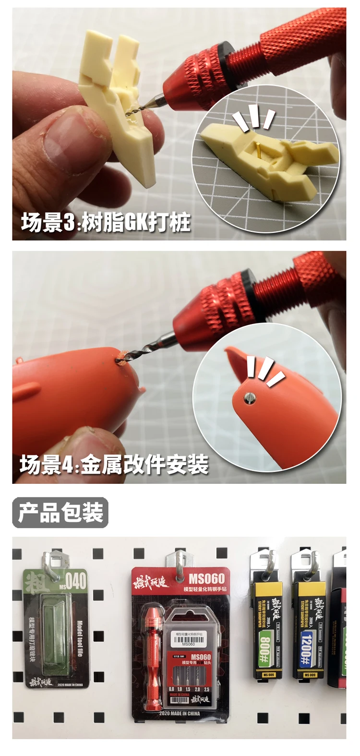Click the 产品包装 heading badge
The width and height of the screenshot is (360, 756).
pos(60,513)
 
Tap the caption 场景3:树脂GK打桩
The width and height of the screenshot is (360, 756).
pos(106,223)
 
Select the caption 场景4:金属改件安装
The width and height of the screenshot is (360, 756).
pos(114,465)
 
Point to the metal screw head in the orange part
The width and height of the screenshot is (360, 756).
pos(249,396)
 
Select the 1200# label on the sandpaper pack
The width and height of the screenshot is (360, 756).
pos(307,646)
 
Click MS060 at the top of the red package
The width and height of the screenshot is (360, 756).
pos(206,579)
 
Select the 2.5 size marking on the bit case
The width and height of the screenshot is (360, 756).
pos(206,689)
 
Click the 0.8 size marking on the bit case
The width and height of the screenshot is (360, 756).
pos(171,689)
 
